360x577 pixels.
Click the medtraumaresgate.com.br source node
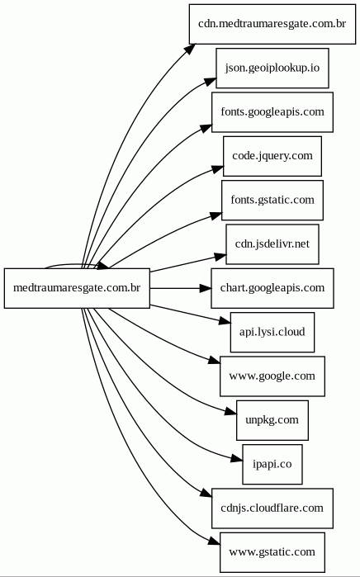coord(77,288)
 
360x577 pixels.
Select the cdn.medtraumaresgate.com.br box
coord(272,24)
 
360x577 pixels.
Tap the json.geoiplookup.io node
coord(272,68)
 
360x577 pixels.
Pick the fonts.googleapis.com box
coord(272,112)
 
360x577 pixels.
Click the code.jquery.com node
coord(272,156)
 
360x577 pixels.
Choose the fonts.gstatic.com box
coord(272,201)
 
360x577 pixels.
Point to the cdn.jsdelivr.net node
coord(272,244)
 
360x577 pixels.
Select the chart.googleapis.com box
coord(272,288)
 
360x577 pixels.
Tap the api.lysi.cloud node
coord(272,333)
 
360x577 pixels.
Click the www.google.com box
coord(272,376)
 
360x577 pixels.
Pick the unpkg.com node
coord(272,420)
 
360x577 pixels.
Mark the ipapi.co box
coord(272,464)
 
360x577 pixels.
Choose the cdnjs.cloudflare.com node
coord(272,508)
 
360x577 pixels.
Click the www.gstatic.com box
coord(272,552)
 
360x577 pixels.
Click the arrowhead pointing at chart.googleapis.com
coord(206,288)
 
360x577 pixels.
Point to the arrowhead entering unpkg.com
coord(231,412)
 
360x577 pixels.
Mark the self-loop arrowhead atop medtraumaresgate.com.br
coord(102,266)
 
